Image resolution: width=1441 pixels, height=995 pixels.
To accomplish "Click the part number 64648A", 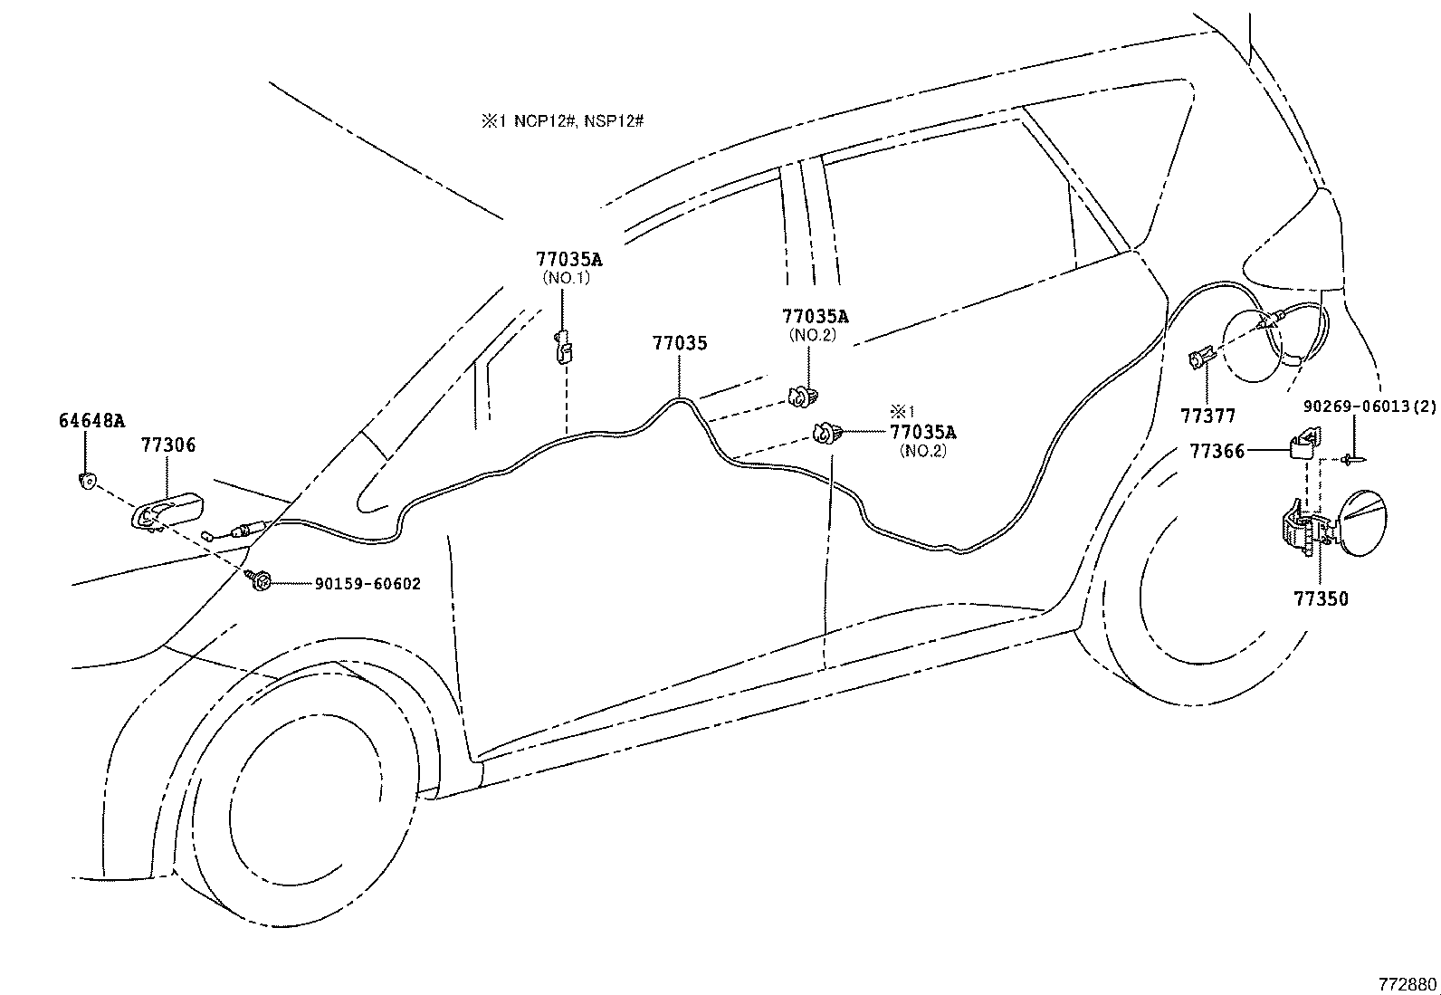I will [91, 420].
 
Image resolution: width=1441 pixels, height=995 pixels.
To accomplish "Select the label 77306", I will [167, 445].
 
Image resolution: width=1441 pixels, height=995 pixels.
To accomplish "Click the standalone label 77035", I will [680, 343].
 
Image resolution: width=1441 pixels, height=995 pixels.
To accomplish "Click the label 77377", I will [1207, 416].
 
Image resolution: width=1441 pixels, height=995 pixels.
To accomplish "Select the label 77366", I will [1217, 450].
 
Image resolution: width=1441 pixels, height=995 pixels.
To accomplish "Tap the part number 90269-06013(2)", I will [1369, 407].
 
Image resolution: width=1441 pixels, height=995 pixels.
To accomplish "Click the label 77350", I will [1320, 598].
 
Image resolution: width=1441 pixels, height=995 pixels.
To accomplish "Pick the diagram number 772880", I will [1407, 983].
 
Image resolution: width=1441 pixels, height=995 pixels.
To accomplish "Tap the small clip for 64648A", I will [86, 480].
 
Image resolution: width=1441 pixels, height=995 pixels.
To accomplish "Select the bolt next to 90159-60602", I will [259, 580].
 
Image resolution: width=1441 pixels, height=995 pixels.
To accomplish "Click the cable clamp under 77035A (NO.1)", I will [563, 348].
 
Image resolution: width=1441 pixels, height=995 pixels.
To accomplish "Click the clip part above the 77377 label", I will [1199, 360].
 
